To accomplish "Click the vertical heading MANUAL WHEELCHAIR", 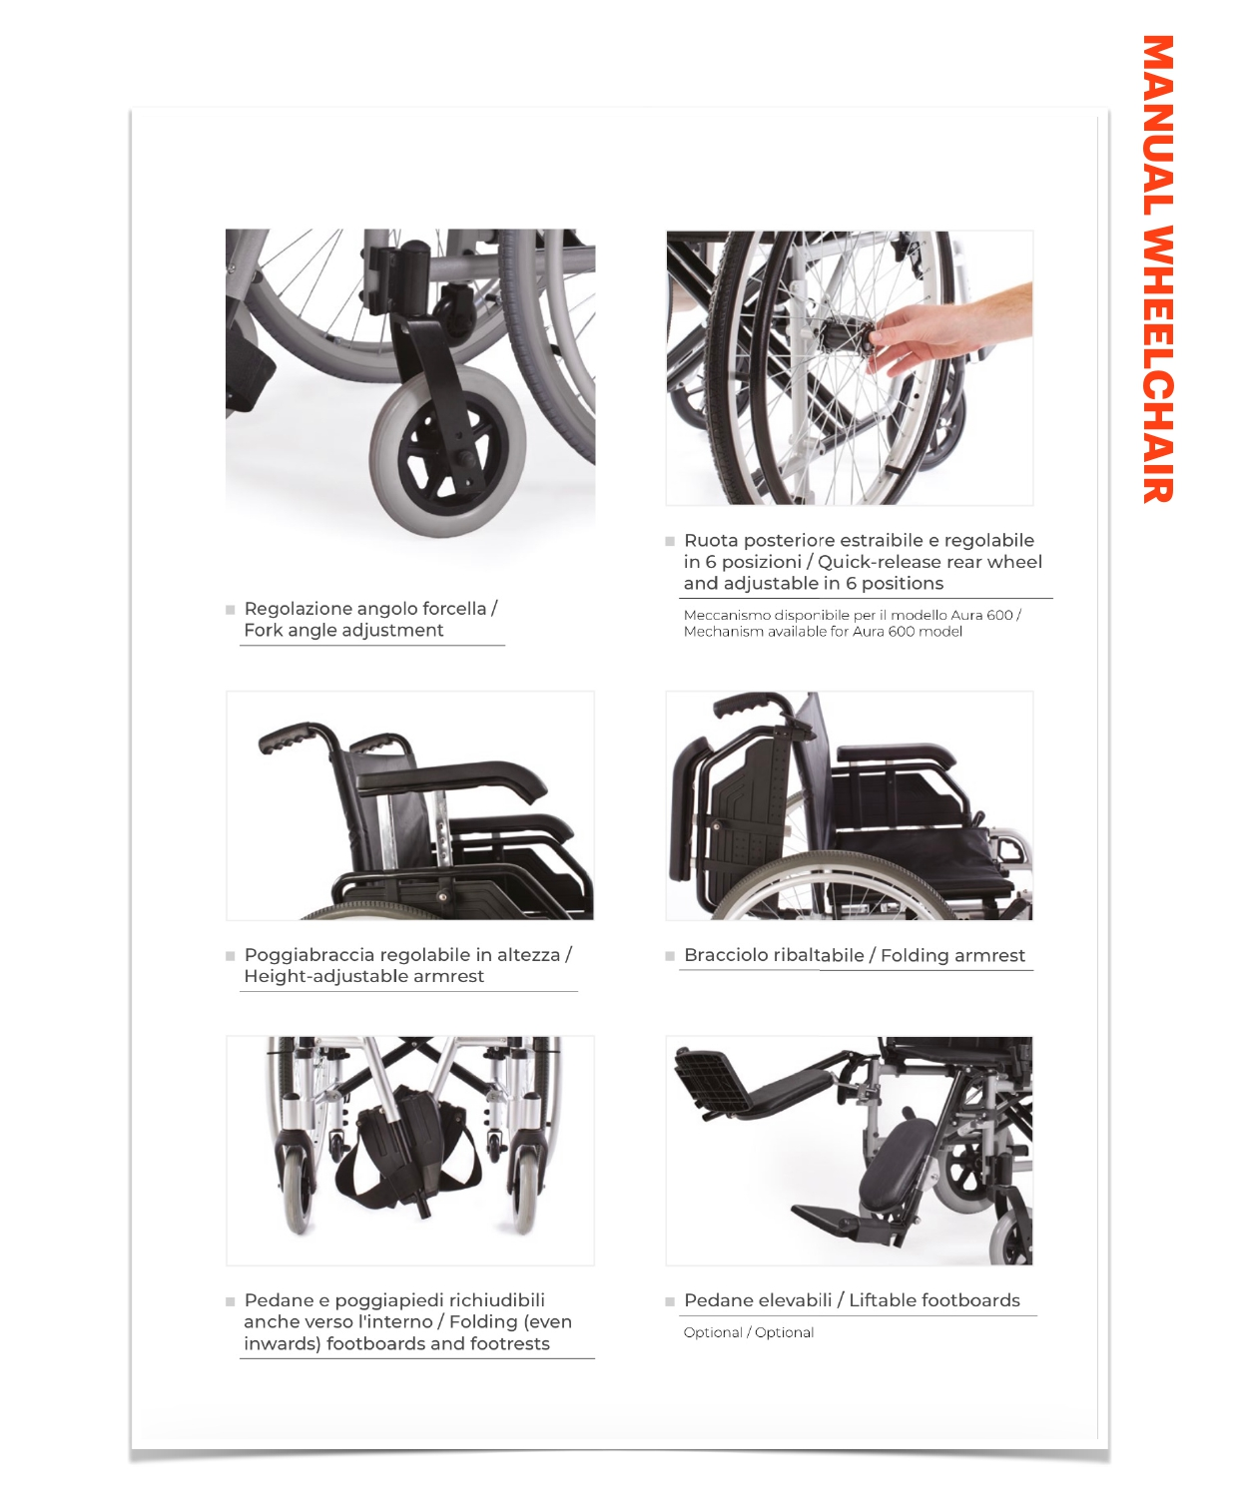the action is [x=1157, y=268].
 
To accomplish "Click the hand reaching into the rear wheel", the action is [x=946, y=332].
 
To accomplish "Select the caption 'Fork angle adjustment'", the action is [x=343, y=630].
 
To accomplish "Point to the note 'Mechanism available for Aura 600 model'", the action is [x=823, y=632].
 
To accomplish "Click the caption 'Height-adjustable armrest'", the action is [x=363, y=976].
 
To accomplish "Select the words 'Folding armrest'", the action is [x=952, y=956].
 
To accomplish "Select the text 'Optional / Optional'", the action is [x=748, y=1332].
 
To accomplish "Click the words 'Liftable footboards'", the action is [x=933, y=1300].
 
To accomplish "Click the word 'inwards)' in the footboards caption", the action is [x=282, y=1344].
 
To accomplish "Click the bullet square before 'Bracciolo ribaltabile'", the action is [x=670, y=956].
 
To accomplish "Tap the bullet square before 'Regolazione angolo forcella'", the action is [x=231, y=610].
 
